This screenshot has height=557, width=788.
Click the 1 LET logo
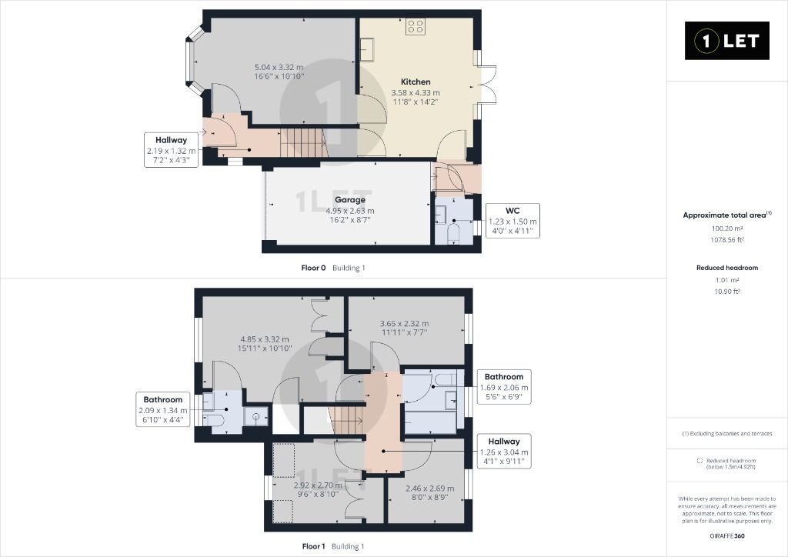point(727,41)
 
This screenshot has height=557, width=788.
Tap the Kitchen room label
point(416,82)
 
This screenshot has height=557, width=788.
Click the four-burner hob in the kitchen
point(416,28)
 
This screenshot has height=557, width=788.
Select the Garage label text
point(349,200)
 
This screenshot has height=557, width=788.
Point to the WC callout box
point(512,220)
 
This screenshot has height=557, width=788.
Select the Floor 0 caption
point(314,268)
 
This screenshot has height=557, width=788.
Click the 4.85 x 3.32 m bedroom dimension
point(264,339)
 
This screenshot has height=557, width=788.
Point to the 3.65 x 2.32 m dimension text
point(404,324)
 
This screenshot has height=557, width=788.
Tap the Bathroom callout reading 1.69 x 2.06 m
point(504,387)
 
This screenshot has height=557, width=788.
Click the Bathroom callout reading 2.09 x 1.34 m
point(162,410)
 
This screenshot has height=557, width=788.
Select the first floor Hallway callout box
point(504,452)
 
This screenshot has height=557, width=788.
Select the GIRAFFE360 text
point(727,535)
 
